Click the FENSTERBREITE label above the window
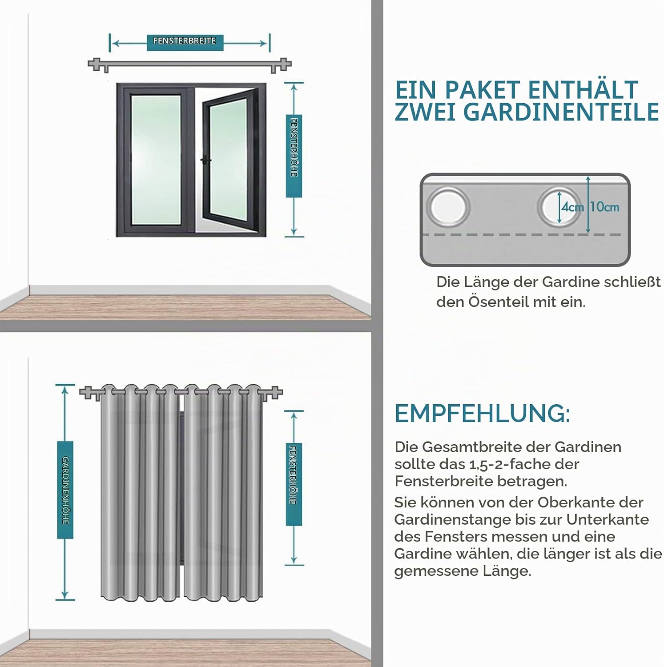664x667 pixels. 185,41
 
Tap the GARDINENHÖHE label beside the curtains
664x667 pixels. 65,490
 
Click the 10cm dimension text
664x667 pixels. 604,207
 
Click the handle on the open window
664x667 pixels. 206,160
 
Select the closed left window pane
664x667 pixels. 156,159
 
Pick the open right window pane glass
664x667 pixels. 227,159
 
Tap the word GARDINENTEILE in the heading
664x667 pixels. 561,112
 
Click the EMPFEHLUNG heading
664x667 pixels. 482,414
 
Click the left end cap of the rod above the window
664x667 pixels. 93,64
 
